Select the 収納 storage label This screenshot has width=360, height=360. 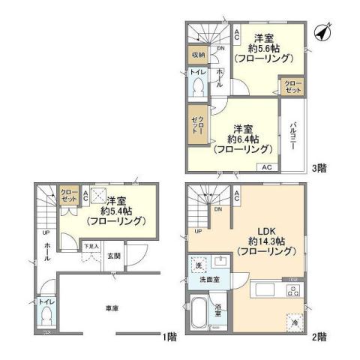(196, 54)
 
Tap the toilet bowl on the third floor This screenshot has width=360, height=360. (197, 87)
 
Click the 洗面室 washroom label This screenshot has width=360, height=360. (208, 279)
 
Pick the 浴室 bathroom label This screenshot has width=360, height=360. (217, 308)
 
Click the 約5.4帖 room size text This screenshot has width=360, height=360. (115, 211)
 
